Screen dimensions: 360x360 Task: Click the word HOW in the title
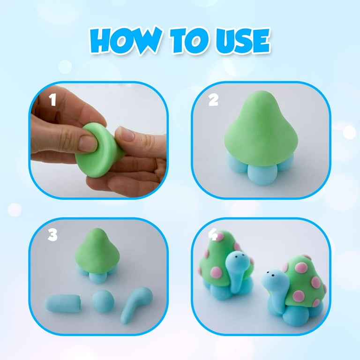pos(126,41)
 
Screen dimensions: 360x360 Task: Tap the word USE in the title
pos(243,41)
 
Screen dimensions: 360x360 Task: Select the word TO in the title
pos(189,41)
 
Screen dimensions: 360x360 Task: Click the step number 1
pos(53,100)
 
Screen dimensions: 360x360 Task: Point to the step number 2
pos(213,100)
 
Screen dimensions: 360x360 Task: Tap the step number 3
pos(52,235)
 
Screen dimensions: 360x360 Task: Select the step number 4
pos(213,235)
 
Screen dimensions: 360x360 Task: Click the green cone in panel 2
pos(261,128)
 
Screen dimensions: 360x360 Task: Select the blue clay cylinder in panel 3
pos(63,303)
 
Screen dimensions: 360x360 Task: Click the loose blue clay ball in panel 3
pos(103,301)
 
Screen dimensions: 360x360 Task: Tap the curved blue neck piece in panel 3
pos(135,304)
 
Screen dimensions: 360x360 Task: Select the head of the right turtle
pos(273,281)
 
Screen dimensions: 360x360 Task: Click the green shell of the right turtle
pos(303,281)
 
